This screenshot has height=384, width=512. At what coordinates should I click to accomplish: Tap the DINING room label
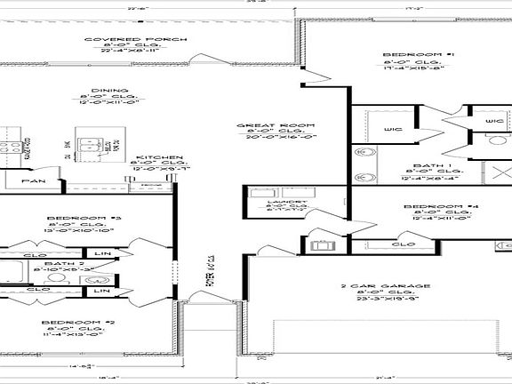tap(116, 91)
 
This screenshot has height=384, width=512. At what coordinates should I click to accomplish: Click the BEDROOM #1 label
tap(406, 55)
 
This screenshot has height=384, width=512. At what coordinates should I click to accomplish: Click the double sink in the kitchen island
tap(90, 145)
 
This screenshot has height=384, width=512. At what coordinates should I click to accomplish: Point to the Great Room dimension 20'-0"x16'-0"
tap(262, 138)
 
